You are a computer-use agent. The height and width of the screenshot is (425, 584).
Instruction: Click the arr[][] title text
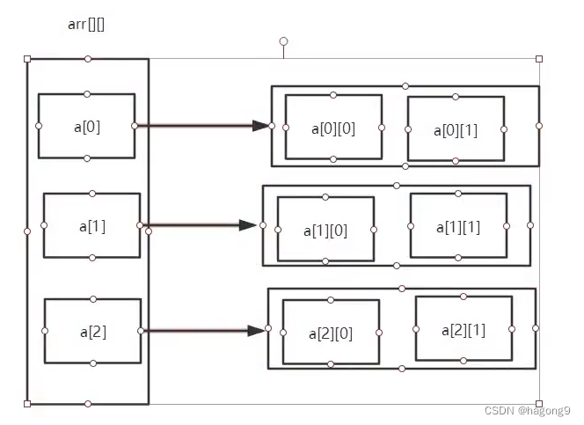[87, 24]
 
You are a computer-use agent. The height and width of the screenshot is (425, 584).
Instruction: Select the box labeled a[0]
[86, 126]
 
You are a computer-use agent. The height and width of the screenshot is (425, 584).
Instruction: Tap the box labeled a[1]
[91, 225]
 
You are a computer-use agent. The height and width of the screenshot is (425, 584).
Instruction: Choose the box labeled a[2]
[92, 332]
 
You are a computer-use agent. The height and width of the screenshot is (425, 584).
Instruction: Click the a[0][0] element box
[333, 128]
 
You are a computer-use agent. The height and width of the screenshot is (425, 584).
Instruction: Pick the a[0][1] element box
[456, 129]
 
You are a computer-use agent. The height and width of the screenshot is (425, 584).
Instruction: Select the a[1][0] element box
[325, 230]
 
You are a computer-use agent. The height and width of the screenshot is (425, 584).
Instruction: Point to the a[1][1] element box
[458, 226]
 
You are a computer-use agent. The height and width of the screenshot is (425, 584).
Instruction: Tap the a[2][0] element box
[330, 333]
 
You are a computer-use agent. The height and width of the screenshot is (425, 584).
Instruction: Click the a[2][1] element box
[464, 329]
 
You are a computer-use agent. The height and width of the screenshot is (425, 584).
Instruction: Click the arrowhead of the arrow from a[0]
[260, 126]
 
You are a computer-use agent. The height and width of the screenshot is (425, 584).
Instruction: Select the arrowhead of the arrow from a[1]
[250, 225]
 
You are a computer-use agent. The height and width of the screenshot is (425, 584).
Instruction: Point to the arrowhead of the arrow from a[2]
[256, 331]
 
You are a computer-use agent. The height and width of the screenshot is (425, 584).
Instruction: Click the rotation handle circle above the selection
[283, 41]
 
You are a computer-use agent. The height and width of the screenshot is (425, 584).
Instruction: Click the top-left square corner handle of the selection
[27, 59]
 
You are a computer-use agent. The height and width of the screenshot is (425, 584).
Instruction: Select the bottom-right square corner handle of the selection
[539, 404]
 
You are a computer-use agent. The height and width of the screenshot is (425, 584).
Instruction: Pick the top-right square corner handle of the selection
[539, 59]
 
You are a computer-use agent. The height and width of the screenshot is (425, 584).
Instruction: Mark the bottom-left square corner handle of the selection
[27, 404]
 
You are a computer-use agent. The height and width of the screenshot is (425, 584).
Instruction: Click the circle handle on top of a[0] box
[86, 93]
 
